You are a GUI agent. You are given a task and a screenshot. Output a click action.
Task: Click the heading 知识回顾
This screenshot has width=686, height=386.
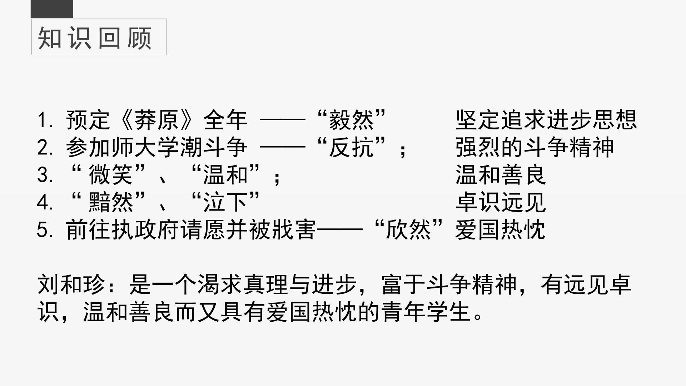coord(95,38)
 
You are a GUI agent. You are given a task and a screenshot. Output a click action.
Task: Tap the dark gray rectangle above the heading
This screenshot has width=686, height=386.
coord(52,9)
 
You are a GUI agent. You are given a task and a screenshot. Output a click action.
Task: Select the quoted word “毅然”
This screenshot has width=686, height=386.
coord(352,120)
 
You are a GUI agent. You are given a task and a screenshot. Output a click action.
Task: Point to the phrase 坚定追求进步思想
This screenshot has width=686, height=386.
coord(546,120)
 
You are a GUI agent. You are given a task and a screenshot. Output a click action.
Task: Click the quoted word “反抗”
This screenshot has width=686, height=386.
coord(352,147)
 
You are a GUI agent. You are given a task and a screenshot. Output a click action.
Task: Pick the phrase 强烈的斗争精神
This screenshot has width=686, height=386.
coord(535,147)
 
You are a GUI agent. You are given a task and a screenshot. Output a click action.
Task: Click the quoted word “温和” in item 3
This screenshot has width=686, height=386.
coord(225,175)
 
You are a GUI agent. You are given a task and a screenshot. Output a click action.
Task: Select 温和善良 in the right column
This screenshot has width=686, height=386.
coord(501,175)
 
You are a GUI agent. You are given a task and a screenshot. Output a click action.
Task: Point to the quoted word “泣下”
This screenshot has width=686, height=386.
coord(225,202)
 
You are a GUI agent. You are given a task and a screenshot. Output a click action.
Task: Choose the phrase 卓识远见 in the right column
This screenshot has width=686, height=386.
coord(501,202)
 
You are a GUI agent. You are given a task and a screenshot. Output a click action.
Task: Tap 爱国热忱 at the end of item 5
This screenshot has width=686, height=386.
coord(500,230)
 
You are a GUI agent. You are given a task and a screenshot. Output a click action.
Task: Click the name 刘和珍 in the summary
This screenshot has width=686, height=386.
coord(71,285)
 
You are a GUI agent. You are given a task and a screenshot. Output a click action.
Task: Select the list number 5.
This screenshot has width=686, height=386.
coord(45,230)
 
